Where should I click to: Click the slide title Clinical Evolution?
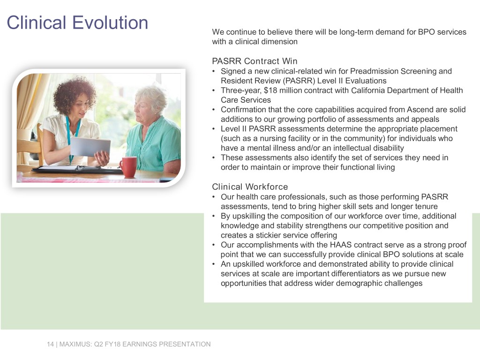coord(77,22)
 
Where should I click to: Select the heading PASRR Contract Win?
coord(255,61)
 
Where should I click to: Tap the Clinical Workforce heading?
coord(250,187)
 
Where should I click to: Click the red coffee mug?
coord(127,166)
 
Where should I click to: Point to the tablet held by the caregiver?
coord(90,147)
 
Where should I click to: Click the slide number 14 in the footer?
coord(50,344)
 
